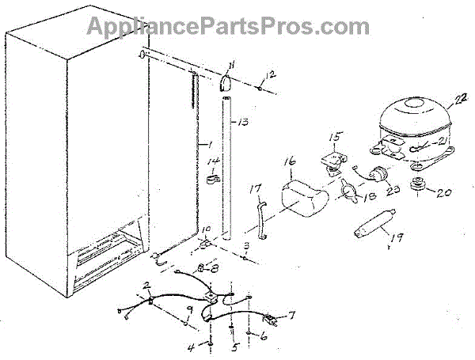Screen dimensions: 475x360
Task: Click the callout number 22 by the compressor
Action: (460, 99)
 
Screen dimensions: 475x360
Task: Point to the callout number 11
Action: (231, 65)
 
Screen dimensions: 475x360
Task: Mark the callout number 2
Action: (147, 285)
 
